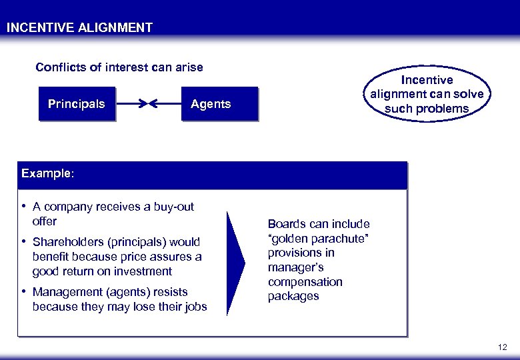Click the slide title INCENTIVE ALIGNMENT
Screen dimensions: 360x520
click(x=79, y=28)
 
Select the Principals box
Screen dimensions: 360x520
click(x=76, y=104)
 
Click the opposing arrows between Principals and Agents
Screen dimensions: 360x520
click(x=148, y=104)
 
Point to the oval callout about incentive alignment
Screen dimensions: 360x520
click(x=427, y=94)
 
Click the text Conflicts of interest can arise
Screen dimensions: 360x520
click(x=119, y=67)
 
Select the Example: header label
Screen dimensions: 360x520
click(x=48, y=173)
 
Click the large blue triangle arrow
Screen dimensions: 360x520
click(x=236, y=263)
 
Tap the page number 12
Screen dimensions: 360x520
click(x=502, y=347)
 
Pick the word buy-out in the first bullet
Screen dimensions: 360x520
click(x=173, y=207)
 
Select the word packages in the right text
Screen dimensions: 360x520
click(x=293, y=297)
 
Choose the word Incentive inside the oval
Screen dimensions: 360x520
click(x=427, y=80)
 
